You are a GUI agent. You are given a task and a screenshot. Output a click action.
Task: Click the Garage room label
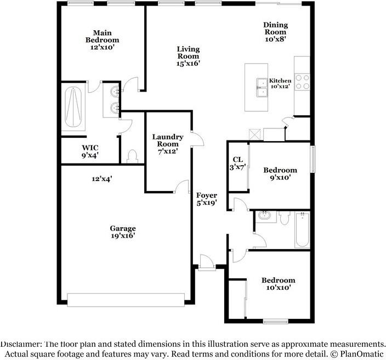(123, 228)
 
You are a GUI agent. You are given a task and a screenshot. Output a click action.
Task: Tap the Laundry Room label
(168, 140)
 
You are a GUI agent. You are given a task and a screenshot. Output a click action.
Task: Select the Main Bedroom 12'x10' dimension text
(102, 47)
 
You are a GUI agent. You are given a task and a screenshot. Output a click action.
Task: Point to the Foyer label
(207, 195)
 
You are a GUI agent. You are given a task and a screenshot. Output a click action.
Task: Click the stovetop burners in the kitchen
(302, 82)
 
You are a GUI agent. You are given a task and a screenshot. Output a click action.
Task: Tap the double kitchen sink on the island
(262, 87)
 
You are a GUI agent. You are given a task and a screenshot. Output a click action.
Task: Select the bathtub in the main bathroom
(73, 108)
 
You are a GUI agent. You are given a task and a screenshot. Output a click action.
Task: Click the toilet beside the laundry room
(133, 156)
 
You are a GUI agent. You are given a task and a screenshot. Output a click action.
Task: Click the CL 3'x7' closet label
(238, 164)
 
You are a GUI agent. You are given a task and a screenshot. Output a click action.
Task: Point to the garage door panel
(126, 300)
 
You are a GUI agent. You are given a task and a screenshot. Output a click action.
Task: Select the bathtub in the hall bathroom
(302, 230)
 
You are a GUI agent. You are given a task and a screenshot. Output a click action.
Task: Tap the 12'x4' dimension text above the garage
(102, 179)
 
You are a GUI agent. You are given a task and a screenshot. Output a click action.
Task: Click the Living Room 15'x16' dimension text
(188, 63)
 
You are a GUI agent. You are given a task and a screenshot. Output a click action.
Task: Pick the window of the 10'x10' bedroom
(275, 322)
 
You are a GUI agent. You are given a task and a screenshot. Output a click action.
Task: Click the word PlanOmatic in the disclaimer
(362, 354)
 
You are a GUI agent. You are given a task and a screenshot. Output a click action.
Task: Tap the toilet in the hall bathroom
(285, 218)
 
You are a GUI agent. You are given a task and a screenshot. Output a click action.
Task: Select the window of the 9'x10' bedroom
(313, 159)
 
